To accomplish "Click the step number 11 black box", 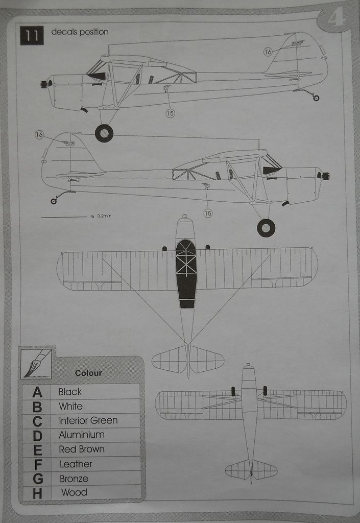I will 32,35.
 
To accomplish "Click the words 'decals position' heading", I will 80,32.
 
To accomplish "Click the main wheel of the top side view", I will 104,133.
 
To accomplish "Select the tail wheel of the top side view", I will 316,98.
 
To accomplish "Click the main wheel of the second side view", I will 266,228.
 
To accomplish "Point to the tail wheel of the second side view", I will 54,201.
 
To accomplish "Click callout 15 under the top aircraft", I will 170,113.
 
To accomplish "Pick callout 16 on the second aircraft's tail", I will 39,135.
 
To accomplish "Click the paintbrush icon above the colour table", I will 36,364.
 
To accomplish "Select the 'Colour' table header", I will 88,373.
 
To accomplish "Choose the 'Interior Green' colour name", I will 88,421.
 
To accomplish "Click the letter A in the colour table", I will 37,392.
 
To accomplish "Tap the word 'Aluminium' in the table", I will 82,435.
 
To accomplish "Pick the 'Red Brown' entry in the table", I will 82,449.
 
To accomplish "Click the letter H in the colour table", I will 37,493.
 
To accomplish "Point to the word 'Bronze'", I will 74,479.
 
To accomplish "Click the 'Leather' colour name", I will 76,464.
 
